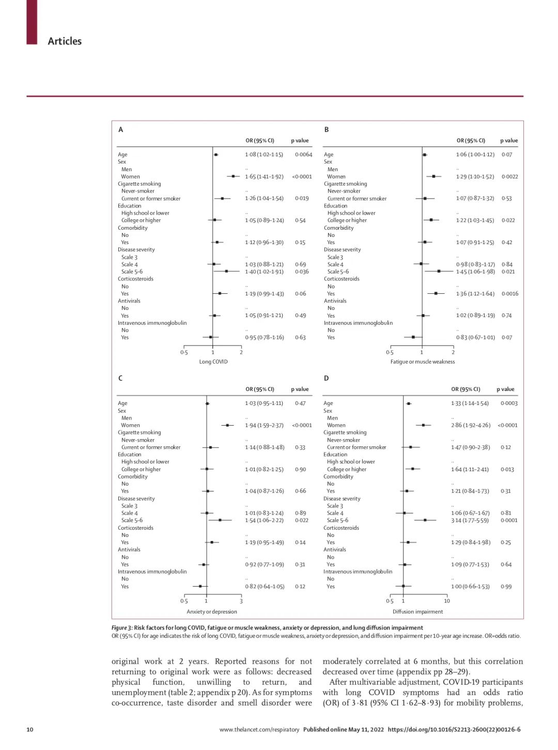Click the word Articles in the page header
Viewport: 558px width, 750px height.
(65, 41)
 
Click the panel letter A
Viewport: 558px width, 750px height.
(121, 130)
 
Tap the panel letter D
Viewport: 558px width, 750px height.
(326, 379)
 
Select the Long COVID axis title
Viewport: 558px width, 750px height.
(213, 362)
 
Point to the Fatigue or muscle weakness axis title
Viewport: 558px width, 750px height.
(423, 362)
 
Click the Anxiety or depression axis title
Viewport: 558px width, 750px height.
(212, 611)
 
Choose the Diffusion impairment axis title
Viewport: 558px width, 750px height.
(417, 611)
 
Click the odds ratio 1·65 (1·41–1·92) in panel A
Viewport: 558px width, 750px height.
(264, 176)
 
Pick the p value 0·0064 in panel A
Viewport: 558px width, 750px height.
(304, 155)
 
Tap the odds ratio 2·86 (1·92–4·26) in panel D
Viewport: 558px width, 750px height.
(471, 425)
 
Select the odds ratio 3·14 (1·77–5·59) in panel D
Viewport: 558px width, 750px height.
(470, 520)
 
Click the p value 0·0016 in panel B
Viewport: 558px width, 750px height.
(509, 294)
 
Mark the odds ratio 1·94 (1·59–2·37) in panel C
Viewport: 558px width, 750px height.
(264, 425)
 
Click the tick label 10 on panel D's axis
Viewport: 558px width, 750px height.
(447, 601)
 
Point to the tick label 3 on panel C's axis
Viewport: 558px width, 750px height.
(241, 601)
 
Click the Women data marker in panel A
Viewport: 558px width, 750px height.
(233, 176)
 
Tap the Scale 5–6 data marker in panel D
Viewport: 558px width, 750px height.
(425, 520)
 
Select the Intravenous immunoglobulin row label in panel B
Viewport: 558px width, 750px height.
(358, 323)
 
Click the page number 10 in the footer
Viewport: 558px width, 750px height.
(30, 729)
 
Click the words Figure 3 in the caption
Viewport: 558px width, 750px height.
(122, 628)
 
